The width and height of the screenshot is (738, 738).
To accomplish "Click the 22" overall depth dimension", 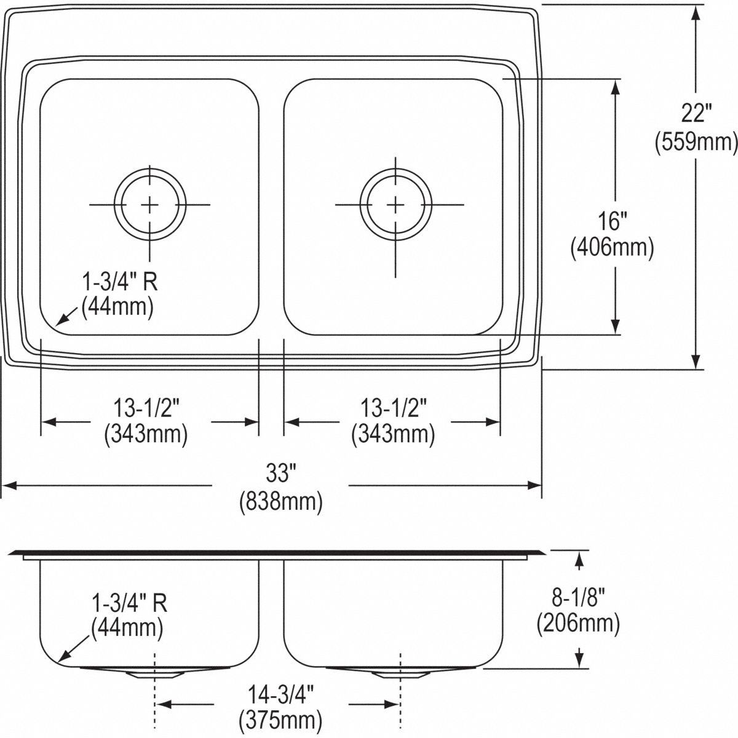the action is (696, 114).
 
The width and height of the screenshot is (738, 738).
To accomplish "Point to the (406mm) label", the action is (612, 248).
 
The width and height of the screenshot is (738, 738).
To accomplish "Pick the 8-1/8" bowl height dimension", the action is (578, 597).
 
